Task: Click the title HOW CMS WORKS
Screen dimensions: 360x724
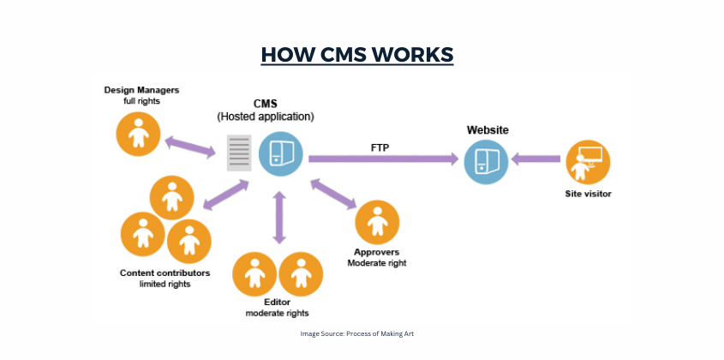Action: click(x=356, y=55)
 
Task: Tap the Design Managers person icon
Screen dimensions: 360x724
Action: click(x=140, y=133)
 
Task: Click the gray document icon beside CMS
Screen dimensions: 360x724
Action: click(x=239, y=154)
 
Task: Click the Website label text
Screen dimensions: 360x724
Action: click(x=488, y=129)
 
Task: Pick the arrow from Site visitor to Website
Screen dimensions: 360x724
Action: click(x=536, y=159)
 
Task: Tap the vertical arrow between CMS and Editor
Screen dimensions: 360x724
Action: click(x=278, y=218)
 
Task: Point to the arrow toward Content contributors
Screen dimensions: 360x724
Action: click(x=225, y=194)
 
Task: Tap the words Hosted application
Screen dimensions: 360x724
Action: click(x=266, y=116)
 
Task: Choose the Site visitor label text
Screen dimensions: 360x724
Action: click(x=587, y=194)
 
